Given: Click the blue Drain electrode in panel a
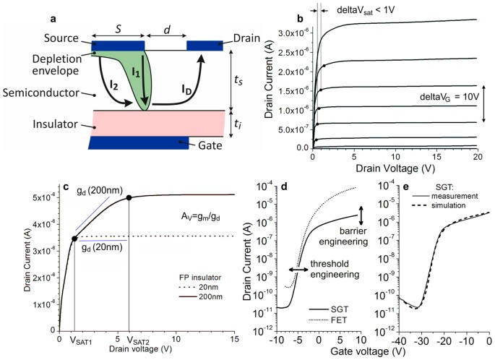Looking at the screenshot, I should coord(205,46).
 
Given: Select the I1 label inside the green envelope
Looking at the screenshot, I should coord(134,70).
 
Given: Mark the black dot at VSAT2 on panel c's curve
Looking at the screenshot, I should coord(129,197).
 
